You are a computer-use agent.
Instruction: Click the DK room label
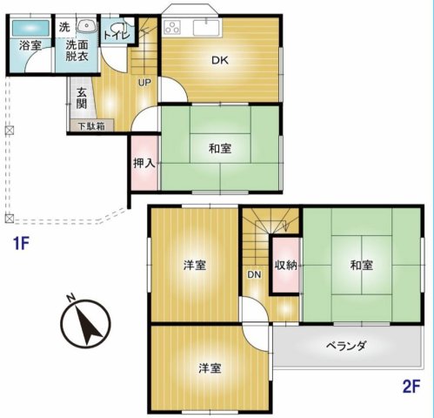click(220, 60)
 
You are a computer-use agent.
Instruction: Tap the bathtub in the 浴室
click(30, 28)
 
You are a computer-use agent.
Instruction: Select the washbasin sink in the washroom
click(87, 26)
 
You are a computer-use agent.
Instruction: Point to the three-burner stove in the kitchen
click(172, 28)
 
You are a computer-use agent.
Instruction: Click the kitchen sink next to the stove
click(206, 28)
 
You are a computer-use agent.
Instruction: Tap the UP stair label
click(144, 83)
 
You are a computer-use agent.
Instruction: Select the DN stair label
click(254, 274)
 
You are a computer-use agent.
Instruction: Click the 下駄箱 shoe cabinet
click(92, 125)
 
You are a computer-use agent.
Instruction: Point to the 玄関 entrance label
click(82, 98)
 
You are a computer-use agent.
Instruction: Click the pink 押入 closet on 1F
click(144, 163)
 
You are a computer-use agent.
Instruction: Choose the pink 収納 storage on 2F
click(286, 266)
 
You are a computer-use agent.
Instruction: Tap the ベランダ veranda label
click(346, 346)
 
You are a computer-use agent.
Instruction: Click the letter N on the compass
click(70, 298)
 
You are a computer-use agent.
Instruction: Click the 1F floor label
click(21, 243)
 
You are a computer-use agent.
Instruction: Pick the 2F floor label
click(411, 387)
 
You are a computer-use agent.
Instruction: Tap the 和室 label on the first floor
click(220, 149)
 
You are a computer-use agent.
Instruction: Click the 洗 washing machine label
click(64, 27)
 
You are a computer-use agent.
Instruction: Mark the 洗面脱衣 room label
click(77, 51)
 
